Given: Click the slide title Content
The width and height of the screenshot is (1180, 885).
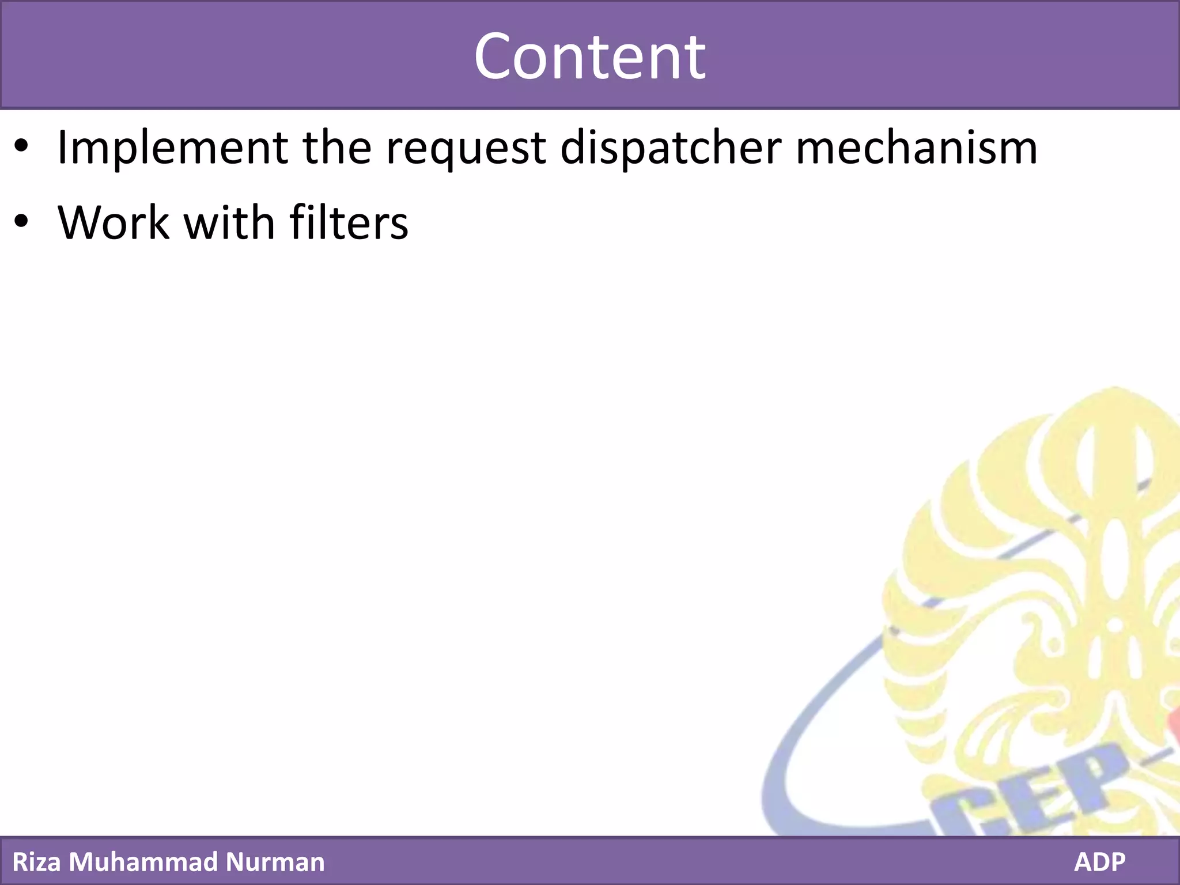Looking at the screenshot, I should (589, 56).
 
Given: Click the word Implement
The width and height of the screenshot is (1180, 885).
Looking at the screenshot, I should (172, 148).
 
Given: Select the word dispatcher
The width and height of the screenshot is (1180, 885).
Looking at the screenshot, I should (671, 148).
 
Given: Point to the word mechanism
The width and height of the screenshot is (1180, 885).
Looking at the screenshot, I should (916, 148).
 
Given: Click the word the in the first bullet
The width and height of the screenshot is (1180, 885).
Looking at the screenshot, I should (336, 148).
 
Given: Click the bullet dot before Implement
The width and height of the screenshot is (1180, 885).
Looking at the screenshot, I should (21, 147).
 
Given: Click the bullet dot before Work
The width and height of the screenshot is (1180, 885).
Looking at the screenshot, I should (21, 222).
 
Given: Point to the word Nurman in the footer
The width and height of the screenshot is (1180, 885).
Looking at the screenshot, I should (275, 862).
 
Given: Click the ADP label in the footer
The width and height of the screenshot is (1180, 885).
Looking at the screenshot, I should (1099, 862).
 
